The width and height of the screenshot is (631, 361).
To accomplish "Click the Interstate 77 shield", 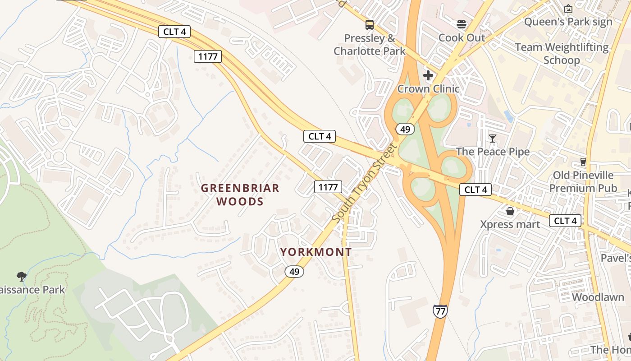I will (440, 311).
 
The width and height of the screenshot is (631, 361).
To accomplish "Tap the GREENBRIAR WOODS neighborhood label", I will (240, 194).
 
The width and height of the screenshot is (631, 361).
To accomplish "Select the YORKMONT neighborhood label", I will (316, 252).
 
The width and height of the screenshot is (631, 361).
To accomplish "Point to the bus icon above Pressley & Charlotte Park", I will (370, 25).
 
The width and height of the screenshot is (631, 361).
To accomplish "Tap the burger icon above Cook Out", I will (462, 24).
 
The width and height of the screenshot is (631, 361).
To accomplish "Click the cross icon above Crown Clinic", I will (428, 75).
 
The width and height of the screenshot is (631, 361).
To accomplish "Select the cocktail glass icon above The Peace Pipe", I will (493, 138).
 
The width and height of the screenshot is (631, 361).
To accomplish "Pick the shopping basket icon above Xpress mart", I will (510, 211).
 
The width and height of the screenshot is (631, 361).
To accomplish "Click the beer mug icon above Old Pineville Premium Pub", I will (583, 162).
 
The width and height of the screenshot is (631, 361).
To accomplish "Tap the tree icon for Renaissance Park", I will (21, 276).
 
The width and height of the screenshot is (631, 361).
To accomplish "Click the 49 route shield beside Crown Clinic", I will (405, 130).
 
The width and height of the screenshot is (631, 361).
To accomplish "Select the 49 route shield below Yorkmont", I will (294, 272).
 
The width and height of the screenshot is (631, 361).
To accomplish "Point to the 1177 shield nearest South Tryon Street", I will (328, 187).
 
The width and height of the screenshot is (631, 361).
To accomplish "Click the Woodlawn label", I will (598, 297).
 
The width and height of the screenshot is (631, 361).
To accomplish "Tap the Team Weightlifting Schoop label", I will (562, 53).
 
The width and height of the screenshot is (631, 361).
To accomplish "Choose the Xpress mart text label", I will (510, 224).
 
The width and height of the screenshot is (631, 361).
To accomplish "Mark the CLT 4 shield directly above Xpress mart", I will (476, 190).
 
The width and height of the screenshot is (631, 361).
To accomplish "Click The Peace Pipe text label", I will (493, 152).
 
